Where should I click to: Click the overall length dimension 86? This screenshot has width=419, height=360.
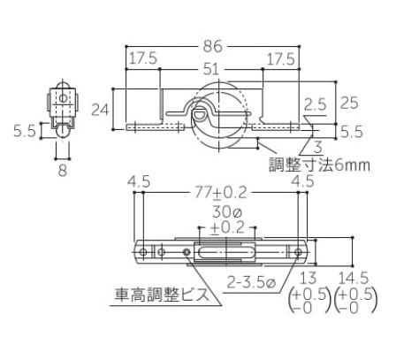tap(212, 46)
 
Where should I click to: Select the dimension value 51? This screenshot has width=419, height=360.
tap(211, 69)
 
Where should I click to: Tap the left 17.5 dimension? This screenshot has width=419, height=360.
tap(143, 58)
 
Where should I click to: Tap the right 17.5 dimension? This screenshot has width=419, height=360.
tap(280, 59)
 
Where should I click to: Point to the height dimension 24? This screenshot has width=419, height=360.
tap(100, 110)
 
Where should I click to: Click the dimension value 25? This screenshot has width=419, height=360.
tap(349, 103)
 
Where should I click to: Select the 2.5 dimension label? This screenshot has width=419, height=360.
tap(316, 104)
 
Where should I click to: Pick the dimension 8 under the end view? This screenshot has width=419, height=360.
tap(63, 171)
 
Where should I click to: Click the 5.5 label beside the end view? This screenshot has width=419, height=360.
tap(25, 131)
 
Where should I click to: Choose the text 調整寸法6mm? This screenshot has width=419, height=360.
tap(320, 165)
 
